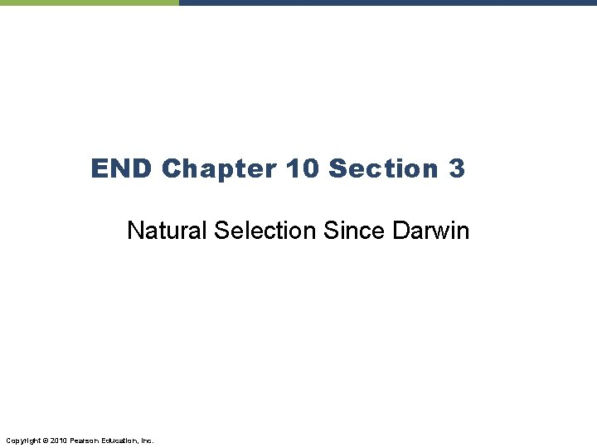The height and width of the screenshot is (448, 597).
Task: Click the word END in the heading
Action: pyautogui.click(x=122, y=168)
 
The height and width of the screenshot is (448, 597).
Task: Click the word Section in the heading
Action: pyautogui.click(x=383, y=168)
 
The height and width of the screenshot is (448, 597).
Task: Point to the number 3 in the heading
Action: pyautogui.click(x=457, y=168)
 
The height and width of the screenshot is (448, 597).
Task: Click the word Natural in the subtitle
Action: pyautogui.click(x=167, y=230)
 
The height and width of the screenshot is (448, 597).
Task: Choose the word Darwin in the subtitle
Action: pyautogui.click(x=430, y=230)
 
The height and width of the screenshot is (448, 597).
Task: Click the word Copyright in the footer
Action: pyautogui.click(x=22, y=440)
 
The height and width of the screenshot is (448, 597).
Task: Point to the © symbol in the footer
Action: pyautogui.click(x=45, y=440)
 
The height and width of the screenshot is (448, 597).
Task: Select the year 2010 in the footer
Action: pyautogui.click(x=59, y=440)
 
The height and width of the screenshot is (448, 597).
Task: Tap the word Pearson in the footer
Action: pyautogui.click(x=85, y=440)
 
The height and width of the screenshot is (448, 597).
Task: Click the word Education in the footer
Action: pyautogui.click(x=121, y=440)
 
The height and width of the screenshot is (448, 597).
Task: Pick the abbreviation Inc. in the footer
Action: pyautogui.click(x=148, y=440)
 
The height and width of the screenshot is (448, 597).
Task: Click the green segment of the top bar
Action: pyautogui.click(x=89, y=2)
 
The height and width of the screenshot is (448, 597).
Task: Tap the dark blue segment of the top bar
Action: pyautogui.click(x=387, y=2)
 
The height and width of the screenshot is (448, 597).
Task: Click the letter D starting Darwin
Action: pyautogui.click(x=400, y=230)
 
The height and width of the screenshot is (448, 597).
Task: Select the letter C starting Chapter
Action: pyautogui.click(x=172, y=168)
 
